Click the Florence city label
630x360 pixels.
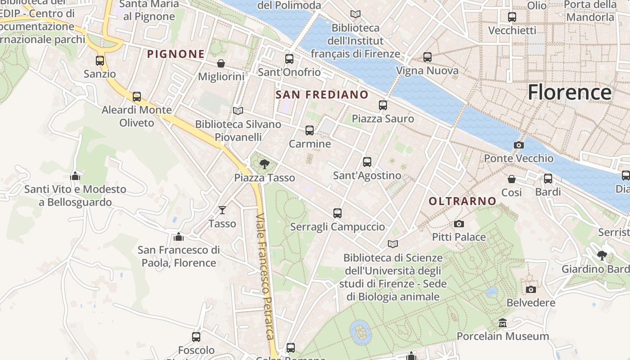click(569, 92)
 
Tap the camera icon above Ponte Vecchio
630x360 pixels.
click(518, 145)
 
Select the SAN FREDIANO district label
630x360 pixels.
click(322, 94)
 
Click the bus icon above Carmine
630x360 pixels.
click(310, 130)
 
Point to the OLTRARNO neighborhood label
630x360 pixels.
click(462, 201)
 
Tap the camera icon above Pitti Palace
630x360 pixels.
click(459, 224)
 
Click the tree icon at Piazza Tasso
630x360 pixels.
click(265, 164)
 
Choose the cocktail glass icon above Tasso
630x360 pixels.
click(222, 210)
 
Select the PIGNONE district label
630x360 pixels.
click(176, 54)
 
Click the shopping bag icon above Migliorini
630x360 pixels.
click(221, 63)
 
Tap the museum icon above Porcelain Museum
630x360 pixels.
click(503, 323)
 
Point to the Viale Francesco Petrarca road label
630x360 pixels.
click(265, 276)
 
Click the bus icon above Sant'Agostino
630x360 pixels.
click(367, 162)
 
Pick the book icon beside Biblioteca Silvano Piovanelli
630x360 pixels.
click(238, 111)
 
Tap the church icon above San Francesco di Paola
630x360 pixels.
click(179, 236)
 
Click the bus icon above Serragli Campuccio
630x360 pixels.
click(337, 213)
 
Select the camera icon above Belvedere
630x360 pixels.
click(531, 289)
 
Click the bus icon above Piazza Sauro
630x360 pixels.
click(383, 105)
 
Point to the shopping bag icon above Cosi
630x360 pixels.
click(512, 179)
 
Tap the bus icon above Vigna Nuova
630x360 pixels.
click(427, 57)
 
